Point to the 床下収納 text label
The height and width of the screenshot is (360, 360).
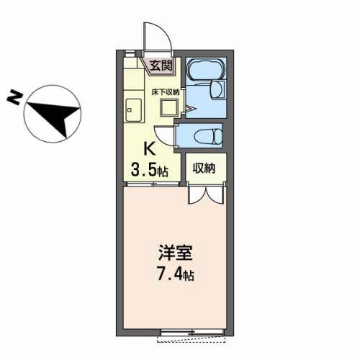tap(166, 92)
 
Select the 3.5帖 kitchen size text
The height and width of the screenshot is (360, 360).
tap(149, 171)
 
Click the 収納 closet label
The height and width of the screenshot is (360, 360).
tap(204, 170)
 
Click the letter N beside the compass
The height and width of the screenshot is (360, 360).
tap(13, 98)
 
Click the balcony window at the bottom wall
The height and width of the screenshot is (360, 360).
tap(193, 332)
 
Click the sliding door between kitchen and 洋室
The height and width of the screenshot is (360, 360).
tap(151, 184)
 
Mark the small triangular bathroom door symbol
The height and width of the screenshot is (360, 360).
tap(187, 108)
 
